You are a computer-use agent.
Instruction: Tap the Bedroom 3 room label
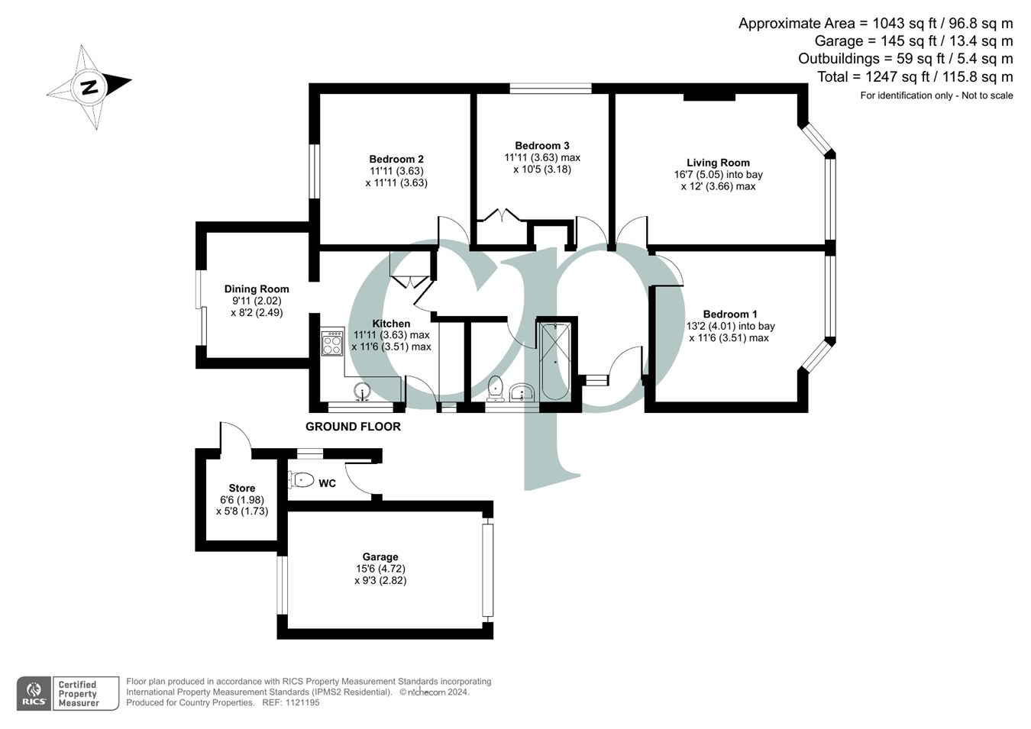[541, 146]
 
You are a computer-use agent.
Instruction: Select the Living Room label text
[718, 163]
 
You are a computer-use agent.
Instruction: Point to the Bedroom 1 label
[730, 314]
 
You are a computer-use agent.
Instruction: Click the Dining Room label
[257, 289]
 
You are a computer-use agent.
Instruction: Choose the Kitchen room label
[391, 324]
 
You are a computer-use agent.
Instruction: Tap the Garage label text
[380, 557]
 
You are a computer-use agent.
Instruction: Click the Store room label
[242, 489]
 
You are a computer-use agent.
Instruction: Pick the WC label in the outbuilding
[327, 483]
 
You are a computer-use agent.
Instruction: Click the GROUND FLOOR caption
[353, 427]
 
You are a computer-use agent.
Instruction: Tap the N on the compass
[90, 86]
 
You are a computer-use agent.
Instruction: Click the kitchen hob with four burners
[332, 343]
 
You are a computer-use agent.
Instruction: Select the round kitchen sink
[364, 392]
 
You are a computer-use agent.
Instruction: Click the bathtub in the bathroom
[554, 361]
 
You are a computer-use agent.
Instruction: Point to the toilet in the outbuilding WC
[302, 480]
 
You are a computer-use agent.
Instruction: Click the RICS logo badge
[34, 694]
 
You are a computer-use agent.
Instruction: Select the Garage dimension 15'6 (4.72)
[380, 569]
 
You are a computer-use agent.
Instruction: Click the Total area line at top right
[914, 77]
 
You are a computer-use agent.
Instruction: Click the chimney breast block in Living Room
[709, 96]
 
